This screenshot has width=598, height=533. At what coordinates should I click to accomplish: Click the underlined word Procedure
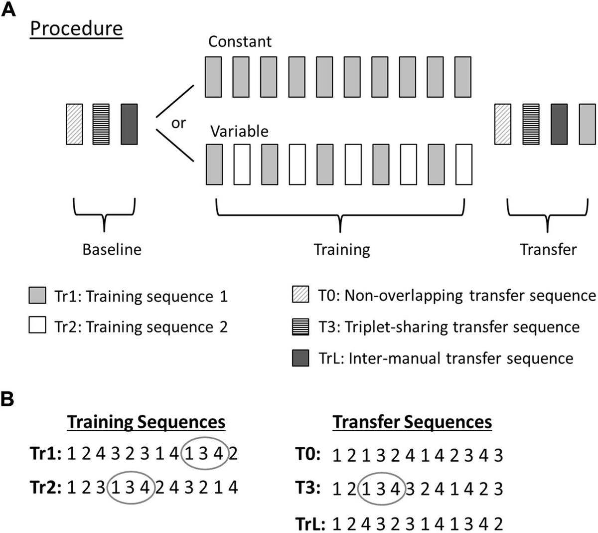pyautogui.click(x=76, y=28)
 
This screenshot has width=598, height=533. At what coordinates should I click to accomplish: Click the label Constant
pyautogui.click(x=240, y=41)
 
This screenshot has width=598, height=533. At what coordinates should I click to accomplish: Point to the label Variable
pyautogui.click(x=239, y=131)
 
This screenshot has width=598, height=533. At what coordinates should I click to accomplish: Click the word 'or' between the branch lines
pyautogui.click(x=178, y=123)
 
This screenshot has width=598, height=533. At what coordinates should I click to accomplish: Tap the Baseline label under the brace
pyautogui.click(x=112, y=249)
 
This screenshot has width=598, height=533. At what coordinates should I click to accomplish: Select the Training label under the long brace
pyautogui.click(x=341, y=249)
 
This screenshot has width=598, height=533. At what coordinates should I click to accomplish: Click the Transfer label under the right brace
pyautogui.click(x=548, y=249)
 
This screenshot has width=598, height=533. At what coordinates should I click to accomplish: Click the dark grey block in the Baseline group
pyautogui.click(x=129, y=124)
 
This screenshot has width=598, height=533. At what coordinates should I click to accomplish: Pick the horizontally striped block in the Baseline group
pyautogui.click(x=101, y=124)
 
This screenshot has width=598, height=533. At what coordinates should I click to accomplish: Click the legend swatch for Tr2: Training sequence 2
pyautogui.click(x=37, y=327)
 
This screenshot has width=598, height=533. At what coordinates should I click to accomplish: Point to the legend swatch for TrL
pyautogui.click(x=300, y=358)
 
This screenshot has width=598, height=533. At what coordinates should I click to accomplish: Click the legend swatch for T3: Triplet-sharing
pyautogui.click(x=300, y=327)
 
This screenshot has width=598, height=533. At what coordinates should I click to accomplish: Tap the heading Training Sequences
pyautogui.click(x=147, y=422)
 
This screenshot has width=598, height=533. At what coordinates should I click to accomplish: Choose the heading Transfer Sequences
pyautogui.click(x=412, y=422)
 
